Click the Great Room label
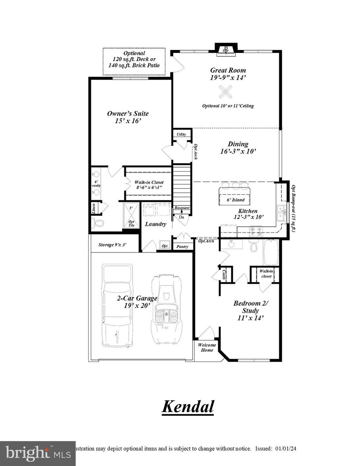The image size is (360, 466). click(228, 70)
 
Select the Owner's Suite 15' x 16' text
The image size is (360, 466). click(128, 117)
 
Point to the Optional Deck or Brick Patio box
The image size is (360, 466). click(134, 61)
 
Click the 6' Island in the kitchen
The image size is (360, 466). click(236, 196)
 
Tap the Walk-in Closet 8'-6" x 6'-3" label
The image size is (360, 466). click(149, 185)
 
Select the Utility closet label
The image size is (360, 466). click(181, 134)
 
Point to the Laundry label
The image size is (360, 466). click(155, 224)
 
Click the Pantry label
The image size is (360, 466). click(182, 247)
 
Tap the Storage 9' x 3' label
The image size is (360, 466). click(112, 245)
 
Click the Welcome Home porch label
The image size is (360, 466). click(207, 347)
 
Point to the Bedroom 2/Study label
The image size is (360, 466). click(251, 307)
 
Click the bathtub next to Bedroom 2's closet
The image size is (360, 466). click(271, 252)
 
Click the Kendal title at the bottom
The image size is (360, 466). click(188, 407)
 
